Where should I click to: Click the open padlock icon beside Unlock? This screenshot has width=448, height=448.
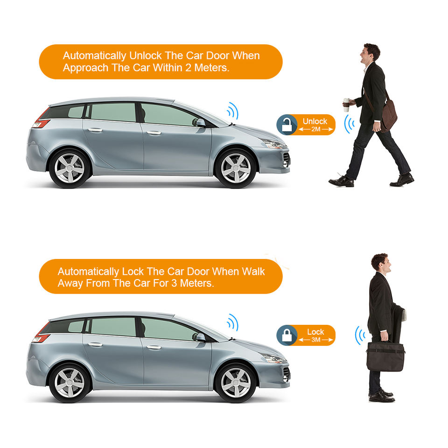click(x=287, y=125)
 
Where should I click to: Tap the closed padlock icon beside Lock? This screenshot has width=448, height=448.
click(x=287, y=335)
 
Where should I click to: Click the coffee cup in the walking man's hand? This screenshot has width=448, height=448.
click(x=346, y=105)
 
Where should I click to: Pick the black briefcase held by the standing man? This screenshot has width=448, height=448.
click(x=385, y=356)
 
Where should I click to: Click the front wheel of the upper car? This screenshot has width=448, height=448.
click(x=236, y=168)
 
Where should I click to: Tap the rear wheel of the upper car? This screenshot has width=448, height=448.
click(x=70, y=168)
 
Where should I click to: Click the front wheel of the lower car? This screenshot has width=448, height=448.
click(x=236, y=383)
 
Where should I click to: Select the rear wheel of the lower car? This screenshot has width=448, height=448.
click(x=70, y=383)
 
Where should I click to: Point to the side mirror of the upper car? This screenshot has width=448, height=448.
click(x=200, y=122)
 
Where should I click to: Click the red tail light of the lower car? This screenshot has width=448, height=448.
click(x=41, y=333)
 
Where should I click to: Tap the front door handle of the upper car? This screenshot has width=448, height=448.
click(x=154, y=133)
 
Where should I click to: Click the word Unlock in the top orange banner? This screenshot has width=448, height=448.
click(x=145, y=56)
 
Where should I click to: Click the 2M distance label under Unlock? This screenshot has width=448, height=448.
click(x=316, y=129)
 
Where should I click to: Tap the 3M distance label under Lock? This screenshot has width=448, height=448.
click(x=316, y=340)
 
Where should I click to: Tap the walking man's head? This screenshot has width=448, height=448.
click(x=370, y=53)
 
